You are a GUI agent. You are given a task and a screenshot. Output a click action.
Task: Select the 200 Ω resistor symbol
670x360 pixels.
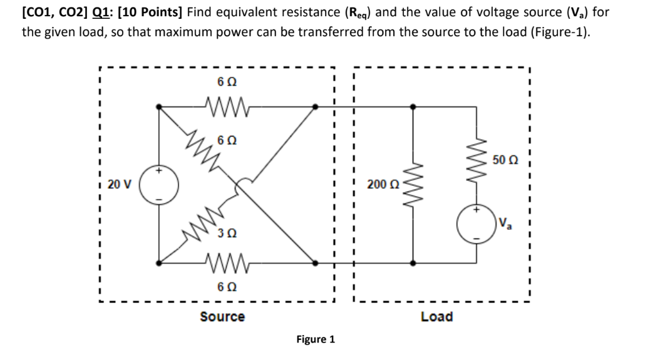tap(413, 184)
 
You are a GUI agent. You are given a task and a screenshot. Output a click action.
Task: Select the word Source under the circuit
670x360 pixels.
tap(222, 317)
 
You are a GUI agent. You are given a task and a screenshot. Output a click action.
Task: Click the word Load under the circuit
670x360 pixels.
tap(436, 317)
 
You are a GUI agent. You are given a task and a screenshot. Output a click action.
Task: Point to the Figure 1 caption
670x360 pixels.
tap(316, 339)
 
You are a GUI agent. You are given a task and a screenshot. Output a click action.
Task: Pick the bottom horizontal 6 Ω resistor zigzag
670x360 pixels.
tap(227, 262)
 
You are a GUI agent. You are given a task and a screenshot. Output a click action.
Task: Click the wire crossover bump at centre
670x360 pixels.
tap(242, 183)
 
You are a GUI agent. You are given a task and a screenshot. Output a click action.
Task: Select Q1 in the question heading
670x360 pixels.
tap(101, 12)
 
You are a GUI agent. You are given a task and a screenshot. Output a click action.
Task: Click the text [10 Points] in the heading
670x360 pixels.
tap(150, 12)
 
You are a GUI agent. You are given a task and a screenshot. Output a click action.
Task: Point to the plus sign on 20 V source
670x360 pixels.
tap(159, 170)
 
